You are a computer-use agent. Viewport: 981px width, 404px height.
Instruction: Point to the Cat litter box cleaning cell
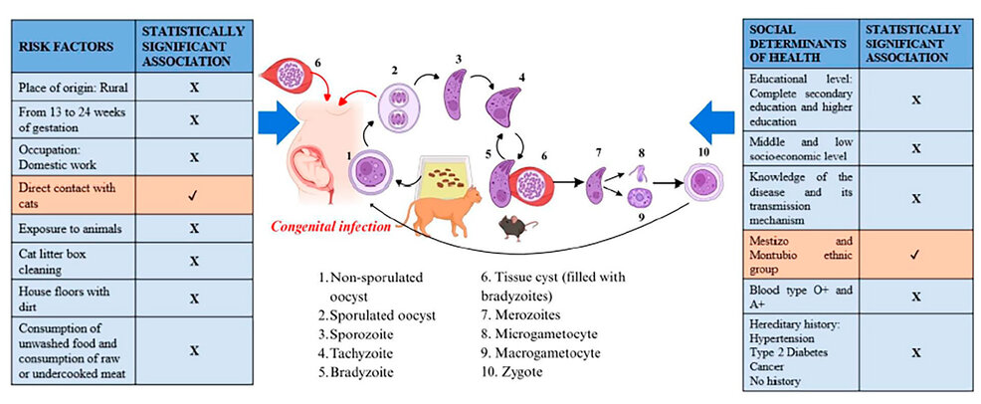(72, 262)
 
